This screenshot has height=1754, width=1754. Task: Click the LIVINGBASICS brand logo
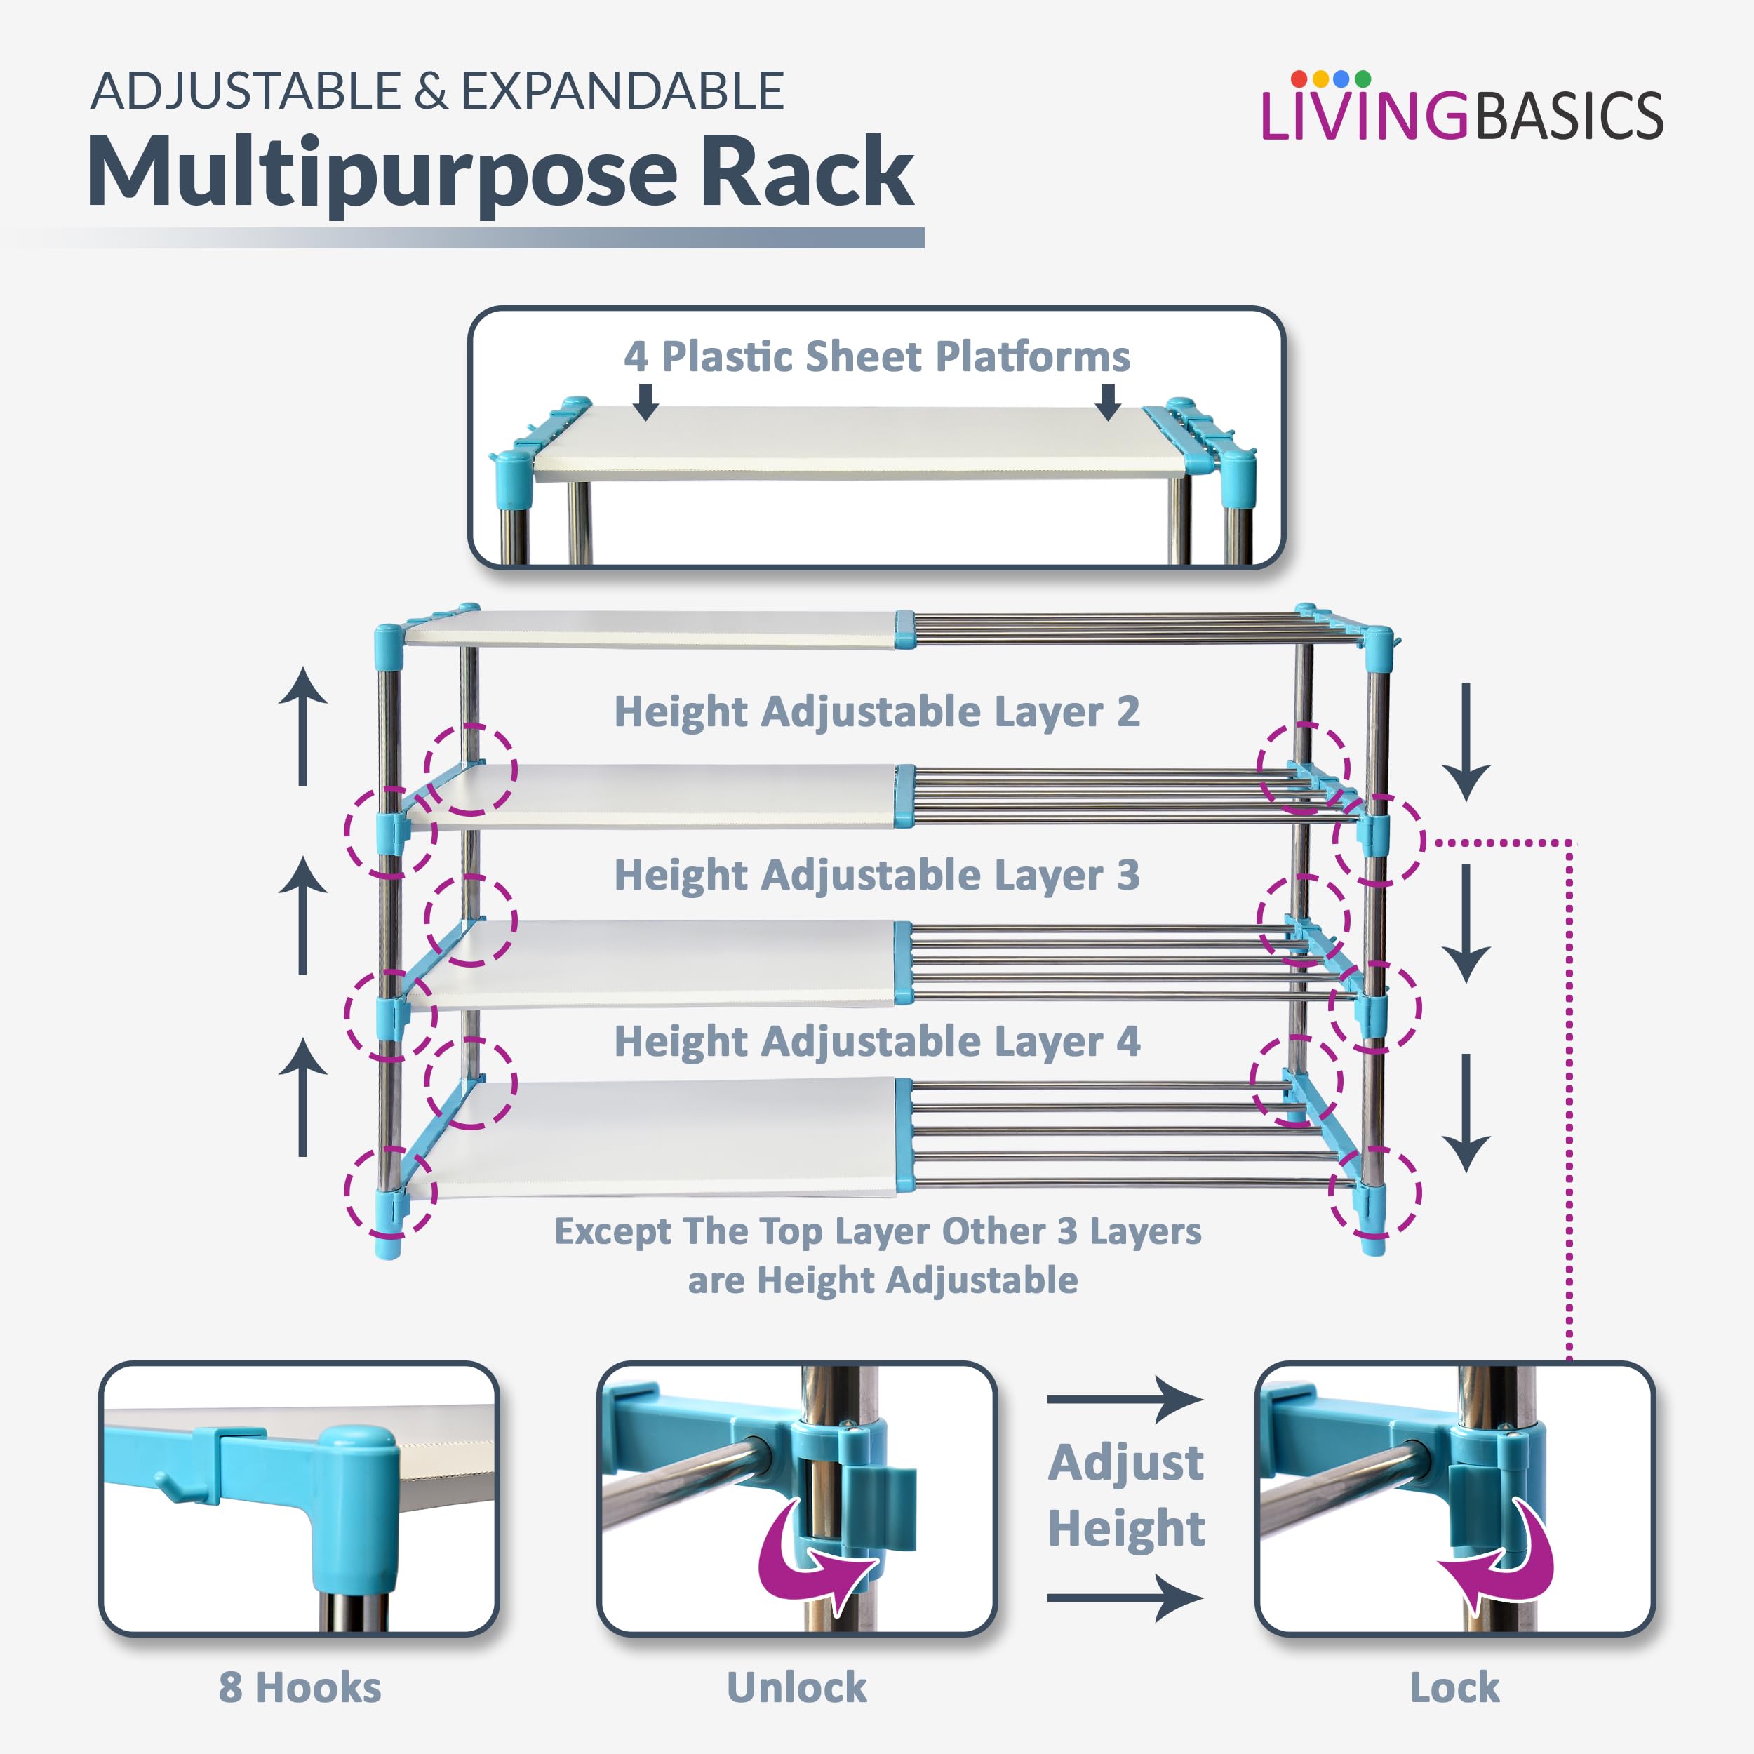[1461, 111]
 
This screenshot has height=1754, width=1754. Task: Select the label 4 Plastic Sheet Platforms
[876, 357]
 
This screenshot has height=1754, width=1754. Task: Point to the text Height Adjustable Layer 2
[876, 711]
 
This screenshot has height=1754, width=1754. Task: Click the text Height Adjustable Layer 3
[876, 875]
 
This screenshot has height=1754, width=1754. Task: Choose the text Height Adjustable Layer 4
[876, 1041]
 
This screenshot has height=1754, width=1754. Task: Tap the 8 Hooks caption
[300, 1687]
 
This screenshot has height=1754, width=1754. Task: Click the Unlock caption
[796, 1687]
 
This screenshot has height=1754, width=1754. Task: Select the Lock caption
[1454, 1687]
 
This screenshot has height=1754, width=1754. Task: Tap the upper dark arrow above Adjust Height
[1126, 1399]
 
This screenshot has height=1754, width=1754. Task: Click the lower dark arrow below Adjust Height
[1126, 1598]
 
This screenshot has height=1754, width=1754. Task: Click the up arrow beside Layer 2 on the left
[302, 726]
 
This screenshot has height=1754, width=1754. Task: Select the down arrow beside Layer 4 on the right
[1466, 1112]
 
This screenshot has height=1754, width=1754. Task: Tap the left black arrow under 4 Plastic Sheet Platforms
[645, 401]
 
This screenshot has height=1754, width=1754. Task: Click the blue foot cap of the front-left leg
[389, 1247]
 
